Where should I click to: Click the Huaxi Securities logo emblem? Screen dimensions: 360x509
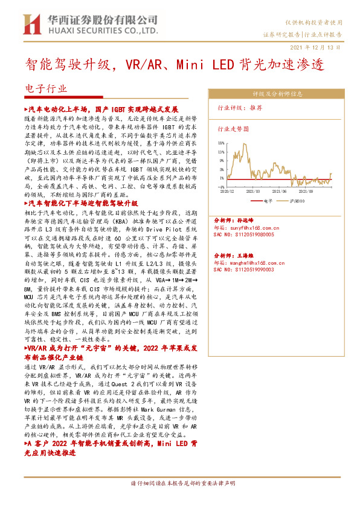click(x=31, y=25)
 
